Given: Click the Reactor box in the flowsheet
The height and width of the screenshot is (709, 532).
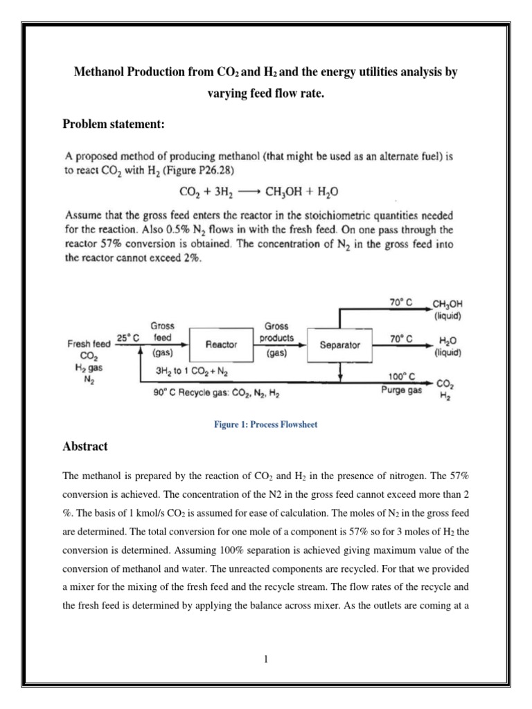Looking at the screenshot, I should (222, 344).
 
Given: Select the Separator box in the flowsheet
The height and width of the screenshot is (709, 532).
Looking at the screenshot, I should (339, 344).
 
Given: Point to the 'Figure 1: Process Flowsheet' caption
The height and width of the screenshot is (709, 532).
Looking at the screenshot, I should (265, 424).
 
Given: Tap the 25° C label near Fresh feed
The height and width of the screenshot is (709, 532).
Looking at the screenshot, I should (128, 338).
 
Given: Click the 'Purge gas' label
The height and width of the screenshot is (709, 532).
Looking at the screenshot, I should (402, 390).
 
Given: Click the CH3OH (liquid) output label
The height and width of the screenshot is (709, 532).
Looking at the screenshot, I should (447, 309).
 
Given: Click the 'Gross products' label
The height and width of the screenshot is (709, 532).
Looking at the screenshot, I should (276, 332).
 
